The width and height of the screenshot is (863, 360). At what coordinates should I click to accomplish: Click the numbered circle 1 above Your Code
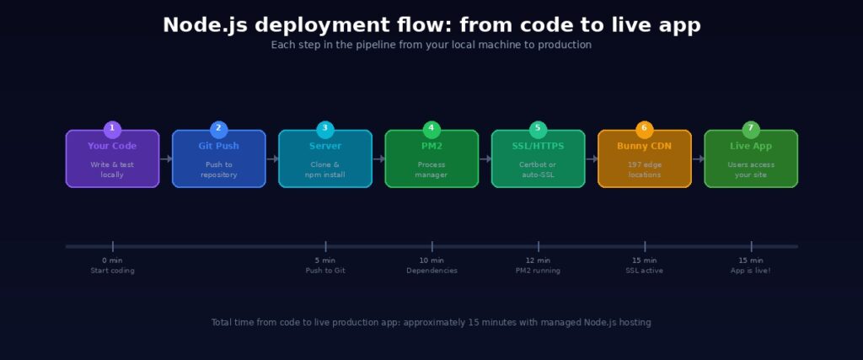pyautogui.click(x=112, y=129)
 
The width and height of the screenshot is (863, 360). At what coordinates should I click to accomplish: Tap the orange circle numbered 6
pyautogui.click(x=644, y=129)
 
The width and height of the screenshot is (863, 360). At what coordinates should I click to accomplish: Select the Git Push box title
pyautogui.click(x=218, y=146)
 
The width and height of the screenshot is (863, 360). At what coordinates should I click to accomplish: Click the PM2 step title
pyautogui.click(x=431, y=146)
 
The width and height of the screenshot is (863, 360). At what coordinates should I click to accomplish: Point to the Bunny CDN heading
pyautogui.click(x=644, y=146)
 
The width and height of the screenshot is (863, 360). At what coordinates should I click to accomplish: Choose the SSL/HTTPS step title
pyautogui.click(x=538, y=146)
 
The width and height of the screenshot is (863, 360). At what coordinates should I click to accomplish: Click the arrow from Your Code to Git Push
pyautogui.click(x=166, y=159)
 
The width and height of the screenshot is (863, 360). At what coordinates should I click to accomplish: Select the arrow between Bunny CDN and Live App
pyautogui.click(x=698, y=159)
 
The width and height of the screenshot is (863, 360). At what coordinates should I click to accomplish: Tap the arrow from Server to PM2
pyautogui.click(x=378, y=159)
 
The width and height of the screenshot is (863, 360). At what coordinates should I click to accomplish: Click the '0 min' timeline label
pyautogui.click(x=112, y=261)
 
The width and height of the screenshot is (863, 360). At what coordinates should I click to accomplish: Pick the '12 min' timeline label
pyautogui.click(x=538, y=261)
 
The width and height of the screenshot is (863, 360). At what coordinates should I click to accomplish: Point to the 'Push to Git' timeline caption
pyautogui.click(x=325, y=271)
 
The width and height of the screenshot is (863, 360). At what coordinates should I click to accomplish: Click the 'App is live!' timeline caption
pyautogui.click(x=750, y=271)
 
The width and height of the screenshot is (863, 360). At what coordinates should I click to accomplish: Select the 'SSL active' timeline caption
pyautogui.click(x=644, y=271)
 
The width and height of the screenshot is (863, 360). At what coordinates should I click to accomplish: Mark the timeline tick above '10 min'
pyautogui.click(x=431, y=246)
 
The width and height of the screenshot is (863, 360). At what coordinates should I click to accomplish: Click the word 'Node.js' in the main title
pyautogui.click(x=201, y=25)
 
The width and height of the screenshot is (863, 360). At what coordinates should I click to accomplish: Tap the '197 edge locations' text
pyautogui.click(x=644, y=169)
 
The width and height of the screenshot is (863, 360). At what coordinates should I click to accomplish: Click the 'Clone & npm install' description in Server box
pyautogui.click(x=325, y=169)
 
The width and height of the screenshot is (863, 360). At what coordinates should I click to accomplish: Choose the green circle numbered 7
pyautogui.click(x=750, y=129)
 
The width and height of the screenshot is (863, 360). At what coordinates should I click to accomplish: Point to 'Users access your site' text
pyautogui.click(x=750, y=169)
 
